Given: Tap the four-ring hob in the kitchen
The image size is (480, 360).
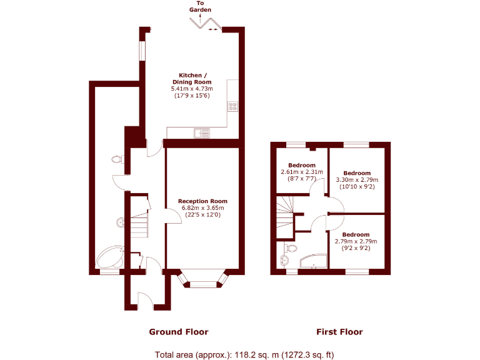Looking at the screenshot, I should click(233, 106).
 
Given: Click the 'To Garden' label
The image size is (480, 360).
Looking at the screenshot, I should click(201, 7).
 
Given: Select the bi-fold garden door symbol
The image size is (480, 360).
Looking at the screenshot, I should click(205, 22).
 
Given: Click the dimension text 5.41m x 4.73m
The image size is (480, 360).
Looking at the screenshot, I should click(192, 89).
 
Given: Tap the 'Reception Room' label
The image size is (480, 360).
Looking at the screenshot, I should click(202, 201).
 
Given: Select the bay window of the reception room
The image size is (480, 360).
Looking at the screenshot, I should click(202, 281).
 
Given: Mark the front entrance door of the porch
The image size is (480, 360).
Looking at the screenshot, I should click(141, 299).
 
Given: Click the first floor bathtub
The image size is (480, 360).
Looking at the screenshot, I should click(312, 261).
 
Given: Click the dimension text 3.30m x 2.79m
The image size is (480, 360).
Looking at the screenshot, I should click(357, 179).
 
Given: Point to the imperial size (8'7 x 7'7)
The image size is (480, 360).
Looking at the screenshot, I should click(301, 178).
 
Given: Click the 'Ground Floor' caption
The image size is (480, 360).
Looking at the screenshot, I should click(178, 332).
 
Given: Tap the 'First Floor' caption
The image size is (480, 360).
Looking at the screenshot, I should click(339, 332).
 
